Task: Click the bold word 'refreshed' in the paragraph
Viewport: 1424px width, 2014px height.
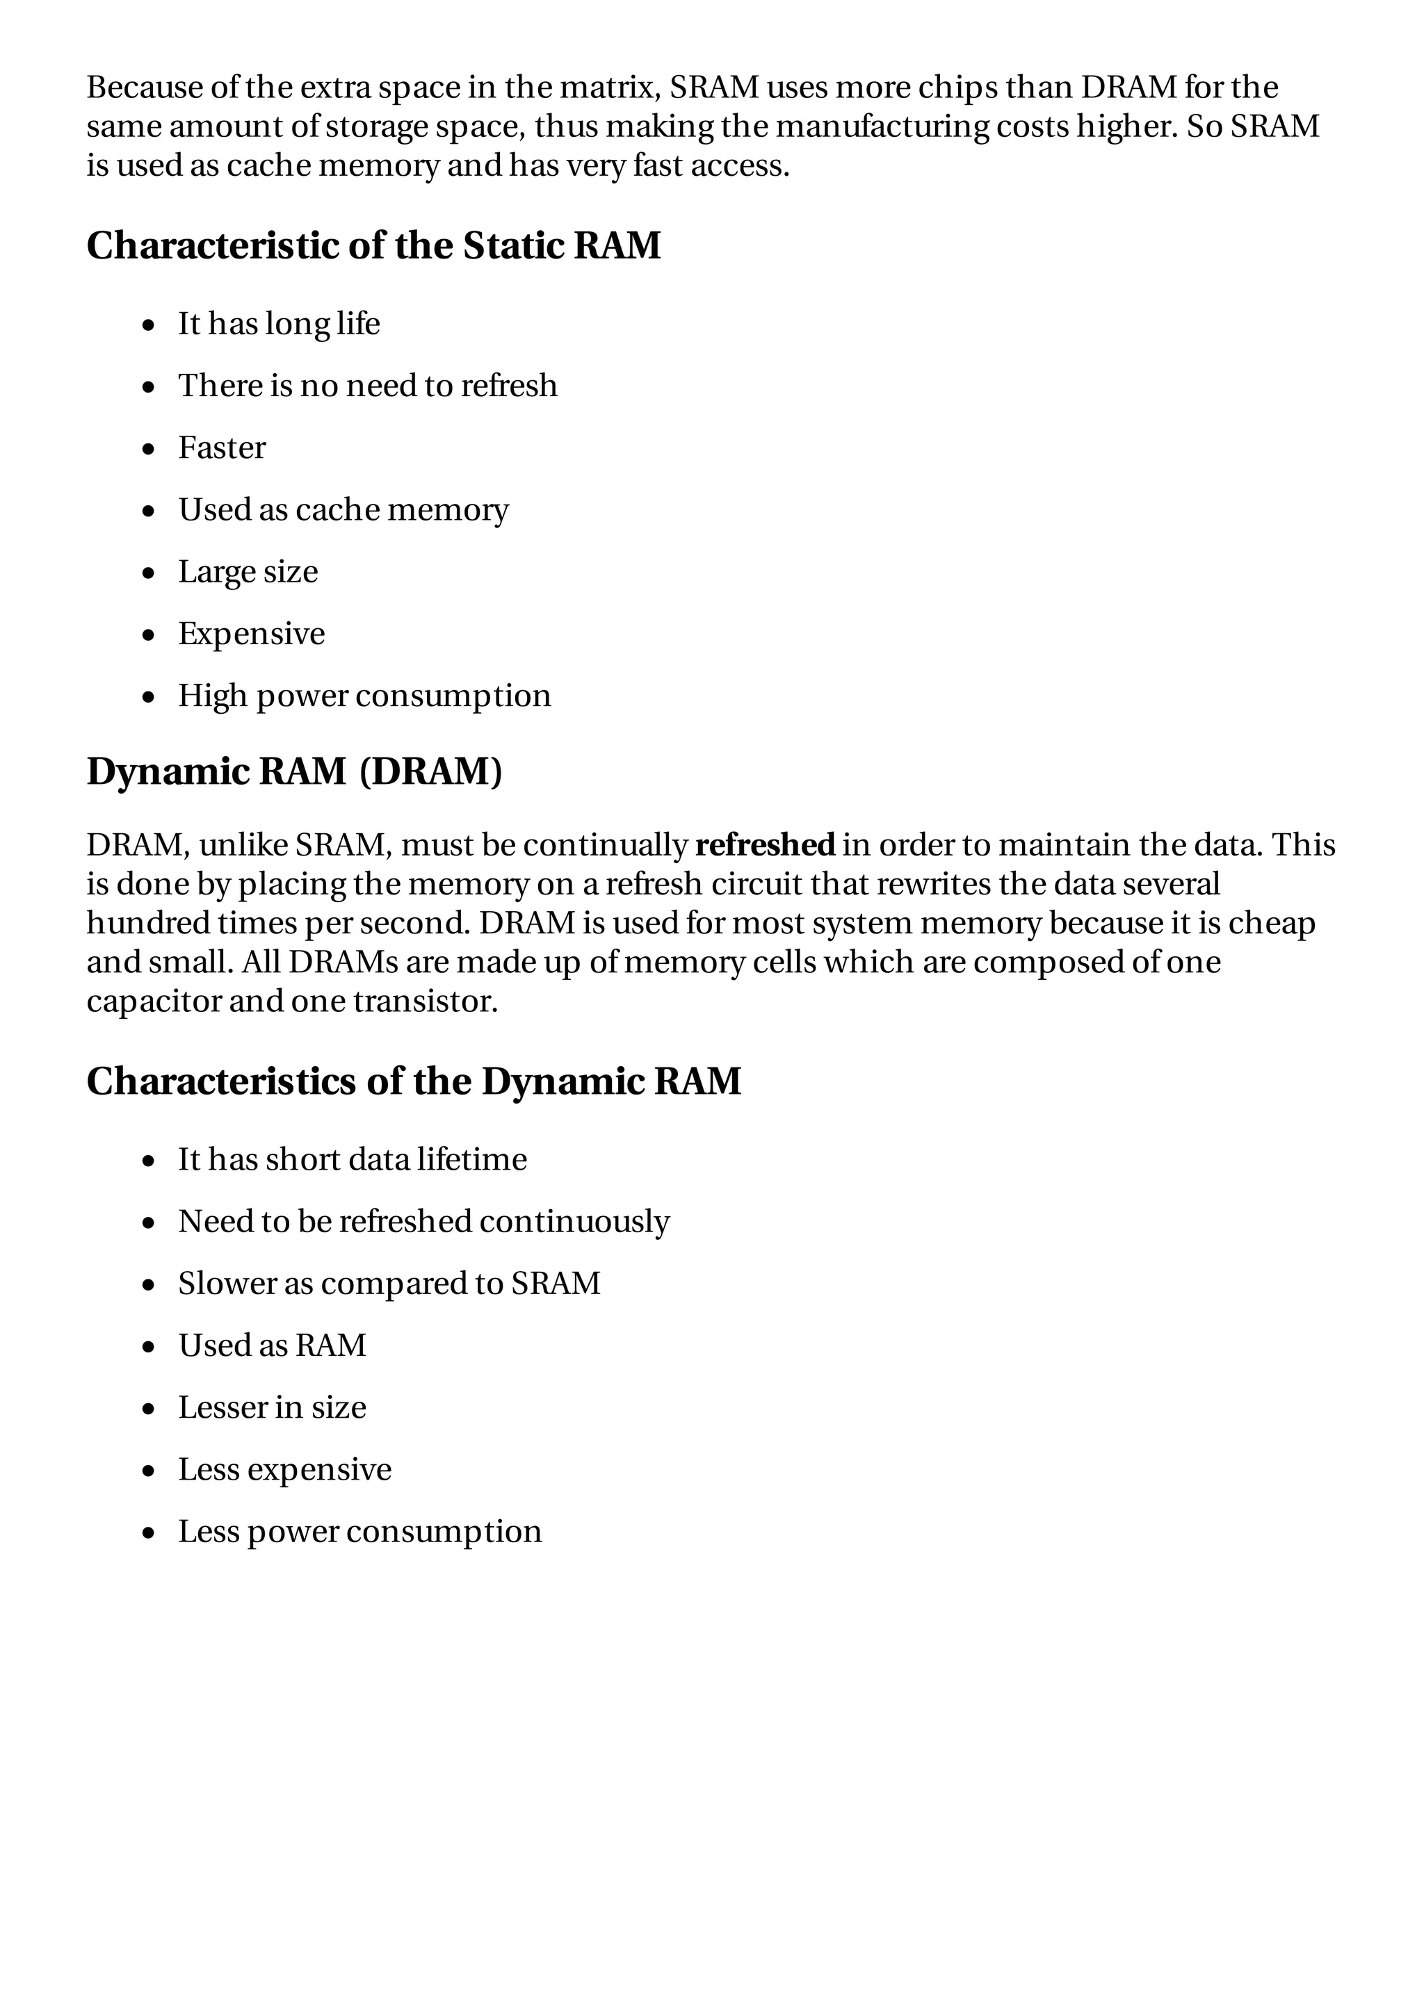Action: coord(764,844)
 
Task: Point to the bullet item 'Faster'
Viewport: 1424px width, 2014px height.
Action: coord(222,448)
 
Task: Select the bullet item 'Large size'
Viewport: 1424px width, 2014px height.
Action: coord(248,572)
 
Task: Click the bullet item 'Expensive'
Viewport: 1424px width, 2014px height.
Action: coord(252,633)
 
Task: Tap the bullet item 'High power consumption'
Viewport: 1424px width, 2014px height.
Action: coord(364,696)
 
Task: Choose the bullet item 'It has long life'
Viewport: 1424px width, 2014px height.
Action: coord(279,324)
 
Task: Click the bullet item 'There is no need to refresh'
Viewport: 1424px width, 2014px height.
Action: coord(368,386)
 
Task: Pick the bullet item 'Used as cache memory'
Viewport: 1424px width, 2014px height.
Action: coord(343,509)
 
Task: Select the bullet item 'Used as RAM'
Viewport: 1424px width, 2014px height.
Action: coord(272,1345)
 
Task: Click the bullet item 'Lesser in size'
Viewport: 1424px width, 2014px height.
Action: coord(272,1407)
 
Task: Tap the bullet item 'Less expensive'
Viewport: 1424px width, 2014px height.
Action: coord(284,1469)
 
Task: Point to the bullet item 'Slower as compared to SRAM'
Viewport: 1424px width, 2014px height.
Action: coord(389,1284)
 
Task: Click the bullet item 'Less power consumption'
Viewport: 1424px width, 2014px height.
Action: coord(359,1531)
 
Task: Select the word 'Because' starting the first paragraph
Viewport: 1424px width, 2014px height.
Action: coord(145,88)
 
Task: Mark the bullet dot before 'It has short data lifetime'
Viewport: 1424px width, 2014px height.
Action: coord(149,1161)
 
